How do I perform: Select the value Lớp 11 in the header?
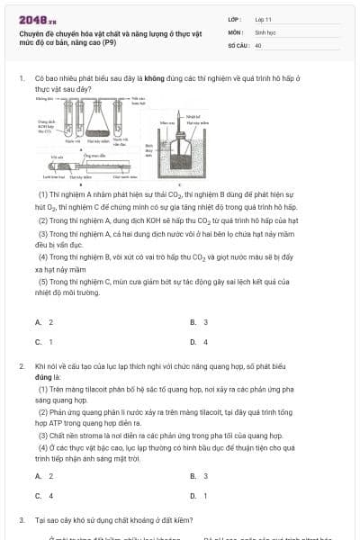pyautogui.click(x=264, y=19)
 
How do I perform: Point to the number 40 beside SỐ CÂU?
pyautogui.click(x=258, y=44)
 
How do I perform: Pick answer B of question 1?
pyautogui.click(x=199, y=322)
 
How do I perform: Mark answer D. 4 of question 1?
pyautogui.click(x=199, y=342)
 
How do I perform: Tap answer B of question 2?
pyautogui.click(x=199, y=476)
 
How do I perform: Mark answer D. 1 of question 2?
pyautogui.click(x=199, y=496)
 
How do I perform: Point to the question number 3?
pyautogui.click(x=22, y=520)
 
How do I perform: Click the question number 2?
pyautogui.click(x=22, y=367)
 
